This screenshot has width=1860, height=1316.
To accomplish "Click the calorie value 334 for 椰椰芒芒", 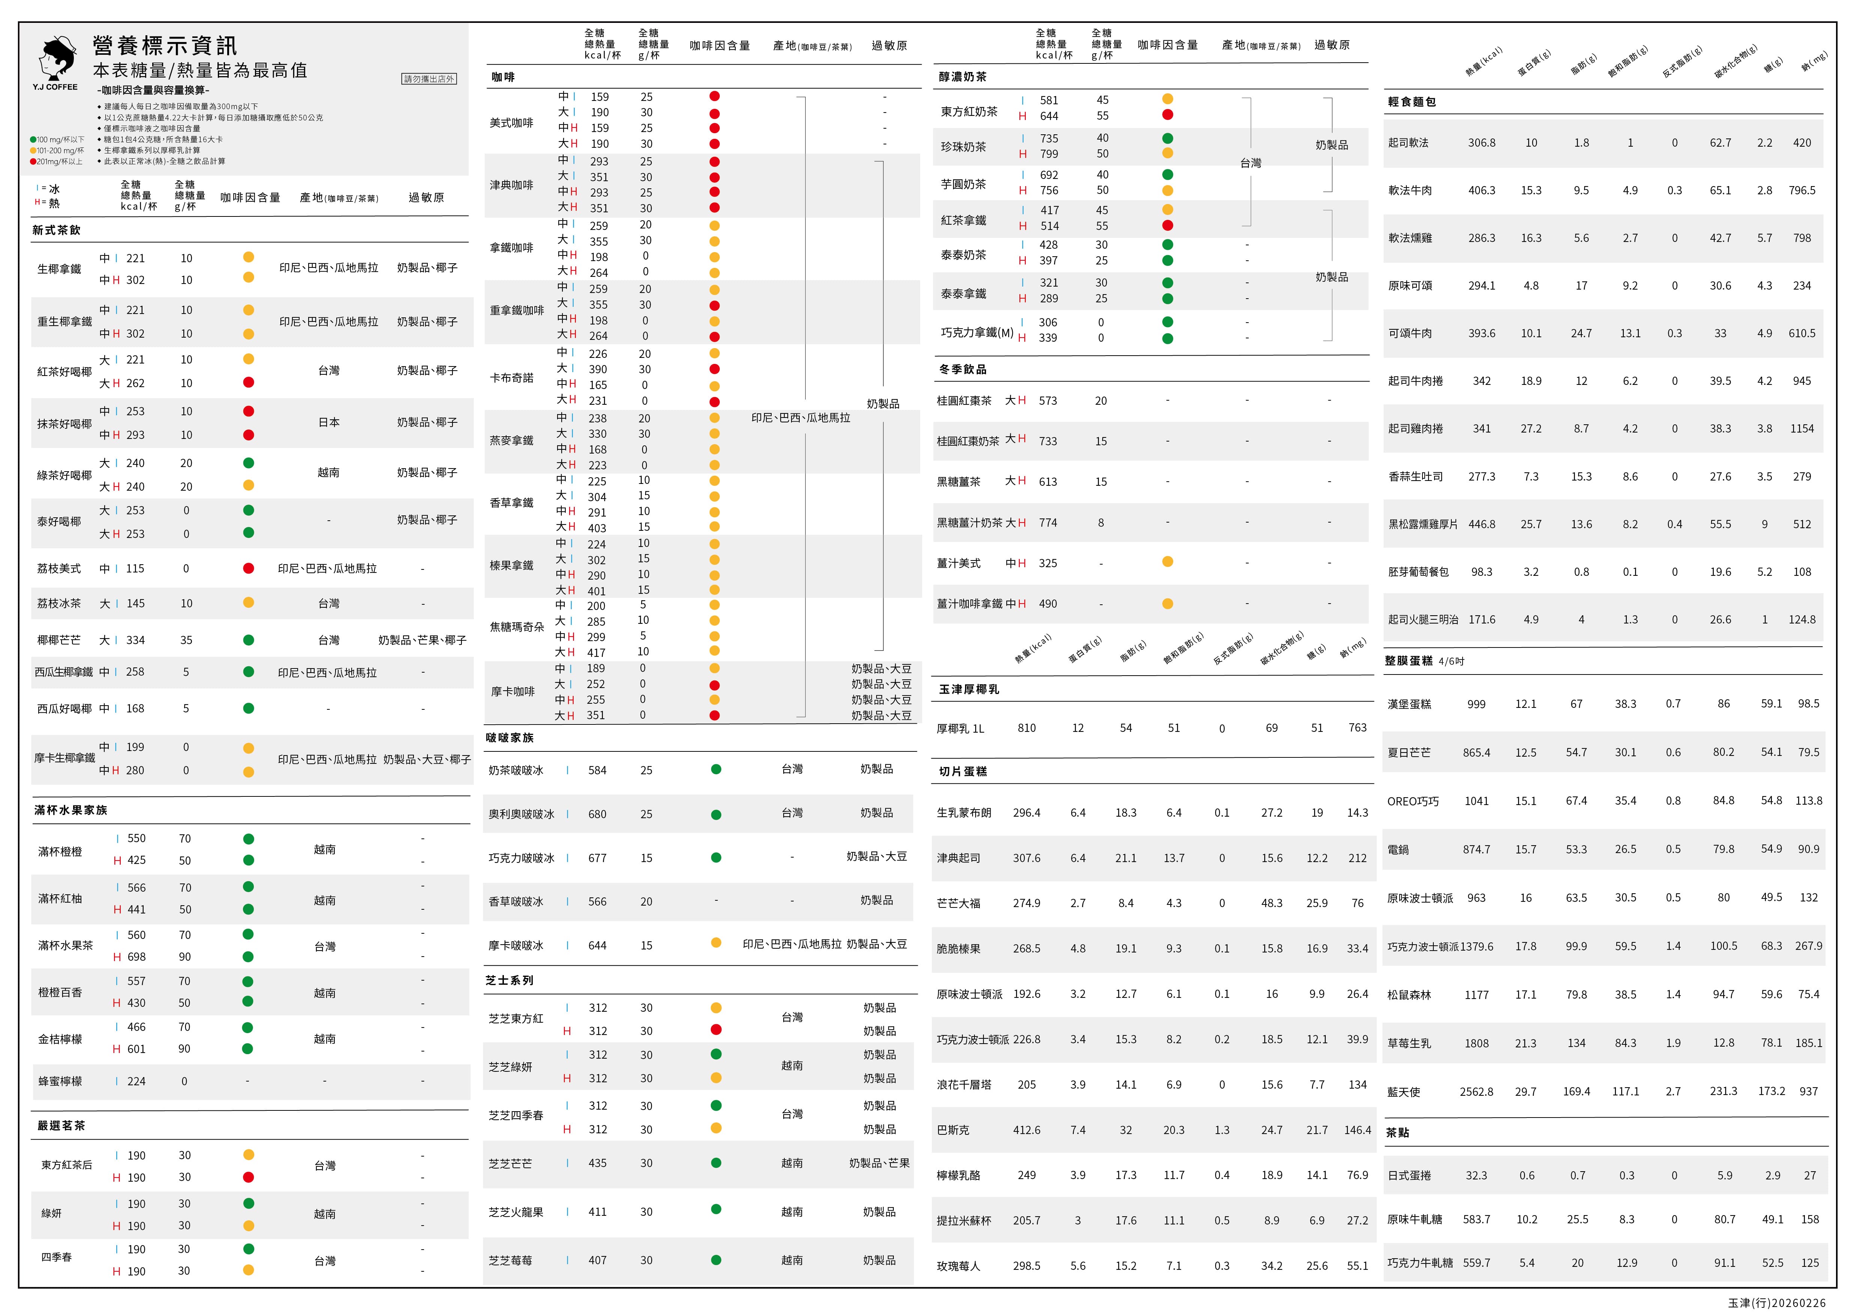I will [x=135, y=640].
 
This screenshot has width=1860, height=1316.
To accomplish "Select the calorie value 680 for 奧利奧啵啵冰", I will [x=597, y=814].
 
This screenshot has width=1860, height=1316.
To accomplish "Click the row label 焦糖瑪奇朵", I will [x=517, y=627].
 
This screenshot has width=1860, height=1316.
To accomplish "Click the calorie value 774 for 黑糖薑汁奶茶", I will [x=1048, y=523].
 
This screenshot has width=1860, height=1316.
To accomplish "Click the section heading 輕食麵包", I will [x=1412, y=102].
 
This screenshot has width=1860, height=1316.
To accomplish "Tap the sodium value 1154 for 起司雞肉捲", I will [x=1802, y=429].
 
